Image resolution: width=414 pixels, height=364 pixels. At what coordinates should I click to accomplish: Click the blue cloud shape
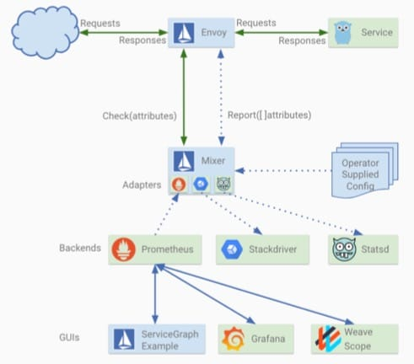(x=45, y=33)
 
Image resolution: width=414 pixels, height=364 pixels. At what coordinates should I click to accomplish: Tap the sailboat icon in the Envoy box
(x=184, y=33)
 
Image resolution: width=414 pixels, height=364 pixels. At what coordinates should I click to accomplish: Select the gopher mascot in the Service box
(x=343, y=33)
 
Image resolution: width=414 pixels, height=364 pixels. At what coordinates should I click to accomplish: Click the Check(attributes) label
(x=139, y=115)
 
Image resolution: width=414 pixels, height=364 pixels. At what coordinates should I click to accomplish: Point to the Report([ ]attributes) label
(x=269, y=115)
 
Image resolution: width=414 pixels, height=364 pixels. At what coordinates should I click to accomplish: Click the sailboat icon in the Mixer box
(x=184, y=161)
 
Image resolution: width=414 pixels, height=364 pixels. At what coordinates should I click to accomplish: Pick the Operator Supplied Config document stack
(x=365, y=170)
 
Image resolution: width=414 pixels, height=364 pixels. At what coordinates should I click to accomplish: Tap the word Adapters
(x=142, y=185)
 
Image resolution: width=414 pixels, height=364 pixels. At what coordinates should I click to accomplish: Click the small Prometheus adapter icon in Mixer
(x=179, y=185)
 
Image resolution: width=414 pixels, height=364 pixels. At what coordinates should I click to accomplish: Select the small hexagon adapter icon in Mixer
(x=201, y=184)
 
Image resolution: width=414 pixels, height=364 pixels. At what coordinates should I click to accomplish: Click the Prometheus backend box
(x=155, y=249)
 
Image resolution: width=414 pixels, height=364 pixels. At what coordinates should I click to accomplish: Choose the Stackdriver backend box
(x=262, y=249)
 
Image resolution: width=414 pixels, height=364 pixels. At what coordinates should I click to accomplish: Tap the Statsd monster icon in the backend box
(x=344, y=249)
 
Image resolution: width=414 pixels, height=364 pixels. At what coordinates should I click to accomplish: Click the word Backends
(x=80, y=248)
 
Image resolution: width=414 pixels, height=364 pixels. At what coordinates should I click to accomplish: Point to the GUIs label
(x=69, y=337)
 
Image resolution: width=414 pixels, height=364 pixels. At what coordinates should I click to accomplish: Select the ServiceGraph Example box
(x=157, y=340)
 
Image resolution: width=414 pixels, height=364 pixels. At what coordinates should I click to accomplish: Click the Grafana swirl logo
(x=234, y=339)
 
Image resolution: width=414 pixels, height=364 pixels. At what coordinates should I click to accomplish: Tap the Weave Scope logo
(x=328, y=339)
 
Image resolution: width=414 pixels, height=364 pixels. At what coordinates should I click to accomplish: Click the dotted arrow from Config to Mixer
(x=283, y=170)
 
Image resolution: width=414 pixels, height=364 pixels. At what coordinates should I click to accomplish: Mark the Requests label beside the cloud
(x=100, y=24)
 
